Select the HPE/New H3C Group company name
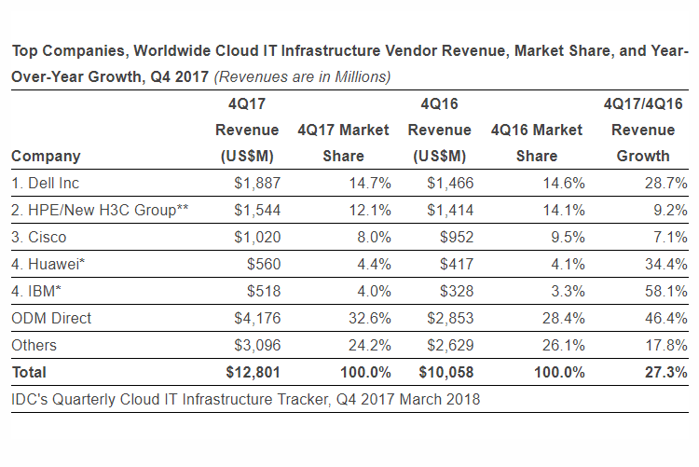(100, 211)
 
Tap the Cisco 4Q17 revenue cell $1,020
(256, 238)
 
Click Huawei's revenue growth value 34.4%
(665, 265)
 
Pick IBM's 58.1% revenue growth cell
(665, 292)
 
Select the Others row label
(34, 346)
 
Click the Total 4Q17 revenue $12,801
(252, 373)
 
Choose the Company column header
(46, 156)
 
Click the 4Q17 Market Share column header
(343, 143)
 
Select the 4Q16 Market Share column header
(536, 143)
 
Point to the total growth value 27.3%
(665, 373)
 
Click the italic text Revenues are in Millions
(303, 76)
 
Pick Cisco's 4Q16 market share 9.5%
(569, 238)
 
